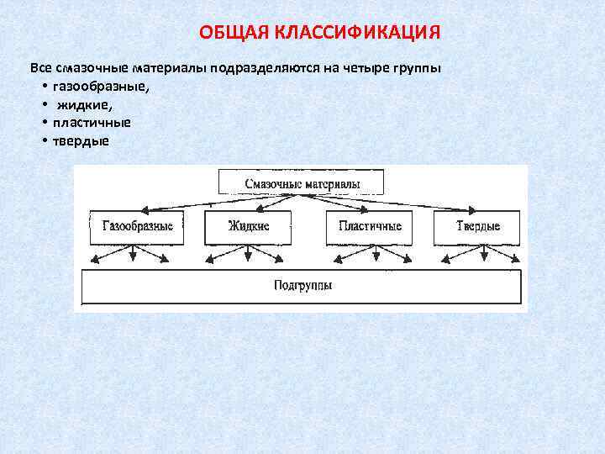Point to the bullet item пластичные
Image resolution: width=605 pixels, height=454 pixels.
90,123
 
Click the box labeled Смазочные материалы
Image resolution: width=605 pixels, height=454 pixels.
302,182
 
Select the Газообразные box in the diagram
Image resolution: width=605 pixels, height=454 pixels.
137,226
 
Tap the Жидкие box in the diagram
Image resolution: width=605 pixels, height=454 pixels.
249,226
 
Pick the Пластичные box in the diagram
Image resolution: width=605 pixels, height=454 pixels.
370,226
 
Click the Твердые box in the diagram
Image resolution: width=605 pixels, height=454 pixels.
477,226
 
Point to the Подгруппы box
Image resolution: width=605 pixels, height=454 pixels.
302,286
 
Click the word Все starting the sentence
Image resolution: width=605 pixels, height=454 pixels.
39,67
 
